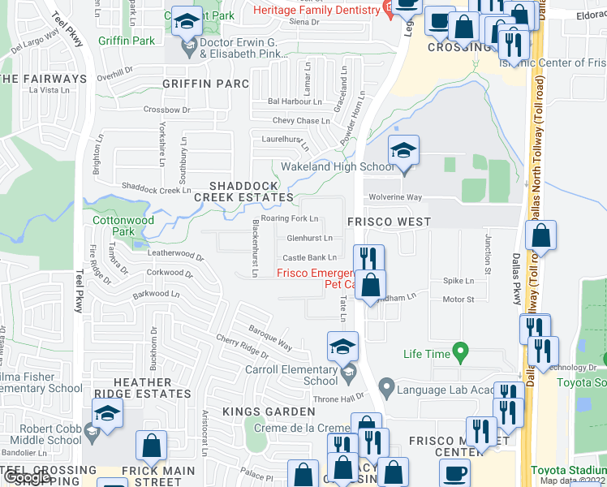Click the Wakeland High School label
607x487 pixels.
[x=338, y=167]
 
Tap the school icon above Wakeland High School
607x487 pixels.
[x=403, y=150]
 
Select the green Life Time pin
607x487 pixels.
[x=461, y=354]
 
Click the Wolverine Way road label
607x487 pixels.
[x=395, y=197]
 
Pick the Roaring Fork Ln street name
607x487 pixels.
[x=290, y=218]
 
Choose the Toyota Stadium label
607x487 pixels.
[x=567, y=470]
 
